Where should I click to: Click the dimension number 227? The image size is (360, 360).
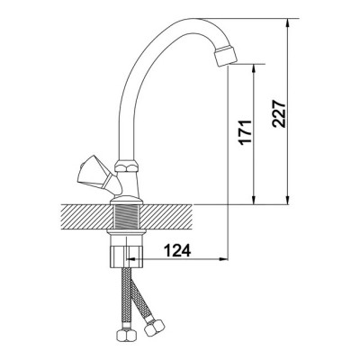click(x=279, y=112)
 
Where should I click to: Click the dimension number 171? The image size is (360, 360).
click(x=245, y=132)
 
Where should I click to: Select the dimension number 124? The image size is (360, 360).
click(x=177, y=250)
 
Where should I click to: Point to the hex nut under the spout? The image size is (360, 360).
click(x=127, y=166)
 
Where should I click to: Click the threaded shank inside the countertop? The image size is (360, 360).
click(x=126, y=217)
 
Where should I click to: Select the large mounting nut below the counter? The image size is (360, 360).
click(x=127, y=256)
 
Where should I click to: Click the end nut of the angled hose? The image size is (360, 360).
click(x=154, y=328)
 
